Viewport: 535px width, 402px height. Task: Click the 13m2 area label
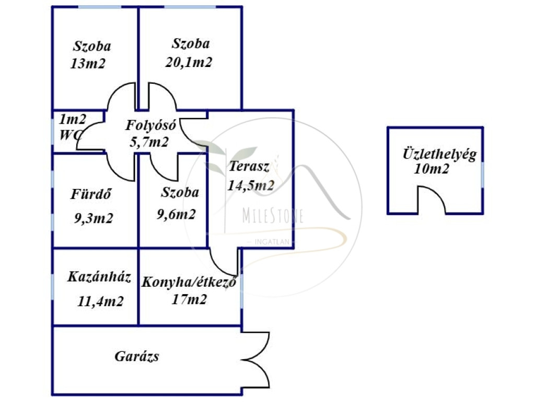tap(88, 64)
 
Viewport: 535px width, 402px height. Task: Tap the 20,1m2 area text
tap(189, 62)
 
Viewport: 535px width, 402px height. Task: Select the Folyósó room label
tap(152, 126)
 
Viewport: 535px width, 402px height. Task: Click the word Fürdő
tap(92, 194)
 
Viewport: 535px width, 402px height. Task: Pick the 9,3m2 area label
tap(94, 218)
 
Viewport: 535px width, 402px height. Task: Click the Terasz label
tap(249, 167)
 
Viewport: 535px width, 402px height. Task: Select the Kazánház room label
tap(99, 276)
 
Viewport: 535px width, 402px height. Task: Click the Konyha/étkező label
tap(189, 282)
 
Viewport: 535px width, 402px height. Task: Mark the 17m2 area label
tap(189, 299)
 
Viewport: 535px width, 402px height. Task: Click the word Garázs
tap(137, 357)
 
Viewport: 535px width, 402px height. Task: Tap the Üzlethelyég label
tap(439, 154)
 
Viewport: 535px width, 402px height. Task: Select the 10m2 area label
tap(432, 169)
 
